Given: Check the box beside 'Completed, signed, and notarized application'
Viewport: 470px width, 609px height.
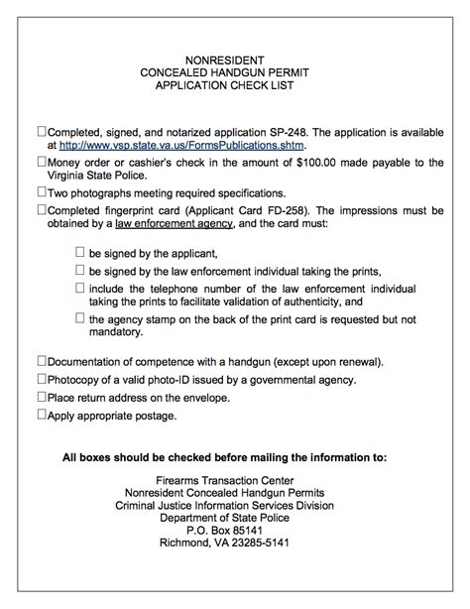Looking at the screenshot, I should point(42,130).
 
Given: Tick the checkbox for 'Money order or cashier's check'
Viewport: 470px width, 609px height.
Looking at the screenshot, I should point(42,162).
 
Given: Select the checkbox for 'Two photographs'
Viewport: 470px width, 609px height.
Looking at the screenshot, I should point(42,192).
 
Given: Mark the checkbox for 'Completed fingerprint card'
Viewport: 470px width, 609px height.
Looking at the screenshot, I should point(42,209).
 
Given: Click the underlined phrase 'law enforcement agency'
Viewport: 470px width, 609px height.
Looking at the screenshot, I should point(175,224).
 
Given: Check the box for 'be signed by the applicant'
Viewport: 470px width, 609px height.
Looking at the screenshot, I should point(79,253).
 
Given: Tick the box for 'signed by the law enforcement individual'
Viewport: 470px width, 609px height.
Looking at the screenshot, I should point(79,271).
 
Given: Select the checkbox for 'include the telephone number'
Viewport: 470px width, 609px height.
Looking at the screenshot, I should point(79,288).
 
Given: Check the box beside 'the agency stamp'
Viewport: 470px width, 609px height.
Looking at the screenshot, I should point(79,318).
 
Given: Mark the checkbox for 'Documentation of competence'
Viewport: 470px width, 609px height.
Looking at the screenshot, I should point(42,361).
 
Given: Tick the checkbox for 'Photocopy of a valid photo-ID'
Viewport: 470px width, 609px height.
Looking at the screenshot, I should point(42,379).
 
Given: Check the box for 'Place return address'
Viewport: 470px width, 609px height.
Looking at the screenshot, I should point(42,397).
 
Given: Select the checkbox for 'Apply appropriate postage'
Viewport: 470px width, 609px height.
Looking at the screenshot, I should point(42,415).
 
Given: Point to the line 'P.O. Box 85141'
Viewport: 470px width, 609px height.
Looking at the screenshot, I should point(234,530).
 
